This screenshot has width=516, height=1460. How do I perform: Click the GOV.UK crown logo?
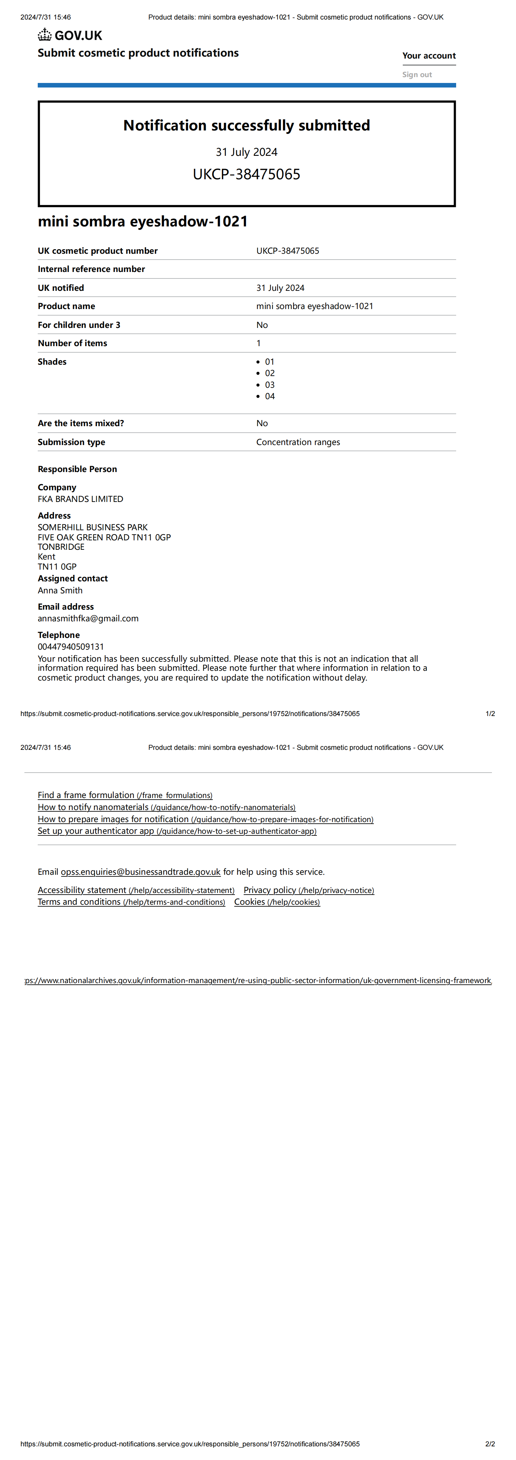45,35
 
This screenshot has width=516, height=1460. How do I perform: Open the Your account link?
429,56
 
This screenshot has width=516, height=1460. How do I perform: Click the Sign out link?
417,74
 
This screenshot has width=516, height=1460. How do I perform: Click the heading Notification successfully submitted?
247,125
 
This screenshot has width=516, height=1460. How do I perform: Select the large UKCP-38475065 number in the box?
247,174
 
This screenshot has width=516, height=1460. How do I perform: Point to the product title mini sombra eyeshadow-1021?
143,221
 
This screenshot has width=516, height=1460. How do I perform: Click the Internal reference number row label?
91,269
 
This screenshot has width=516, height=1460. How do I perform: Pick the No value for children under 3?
262,325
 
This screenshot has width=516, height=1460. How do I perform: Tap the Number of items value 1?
259,343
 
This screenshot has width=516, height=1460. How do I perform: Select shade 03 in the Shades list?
270,385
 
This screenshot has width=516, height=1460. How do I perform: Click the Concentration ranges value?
298,442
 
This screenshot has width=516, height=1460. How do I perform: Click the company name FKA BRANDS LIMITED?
80,499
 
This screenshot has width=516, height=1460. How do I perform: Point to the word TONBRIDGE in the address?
61,547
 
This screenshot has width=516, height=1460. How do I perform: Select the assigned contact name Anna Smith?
60,590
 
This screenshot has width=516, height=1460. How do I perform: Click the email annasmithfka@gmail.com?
88,618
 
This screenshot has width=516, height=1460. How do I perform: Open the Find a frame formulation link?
125,795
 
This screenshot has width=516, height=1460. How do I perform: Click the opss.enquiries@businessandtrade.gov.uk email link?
141,872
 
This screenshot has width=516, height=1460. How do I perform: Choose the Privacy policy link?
308,890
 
